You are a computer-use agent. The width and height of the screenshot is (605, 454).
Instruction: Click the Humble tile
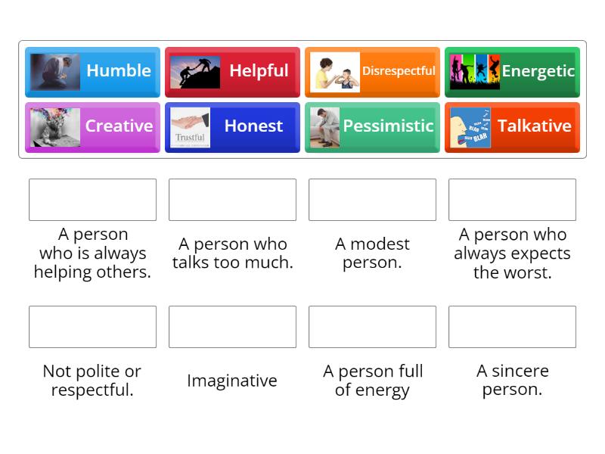[92, 71]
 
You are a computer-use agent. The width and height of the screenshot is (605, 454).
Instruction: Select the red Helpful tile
[232, 71]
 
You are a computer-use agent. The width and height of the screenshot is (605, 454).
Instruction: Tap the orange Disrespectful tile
[372, 71]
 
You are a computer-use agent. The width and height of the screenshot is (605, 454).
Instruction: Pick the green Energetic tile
[512, 71]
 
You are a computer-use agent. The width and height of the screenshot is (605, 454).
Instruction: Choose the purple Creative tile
[92, 126]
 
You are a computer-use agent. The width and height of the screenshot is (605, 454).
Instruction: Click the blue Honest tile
[232, 126]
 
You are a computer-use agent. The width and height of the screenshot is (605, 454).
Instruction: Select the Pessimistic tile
[372, 126]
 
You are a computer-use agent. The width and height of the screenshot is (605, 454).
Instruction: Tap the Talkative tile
[512, 126]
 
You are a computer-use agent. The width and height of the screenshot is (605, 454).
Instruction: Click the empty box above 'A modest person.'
[372, 200]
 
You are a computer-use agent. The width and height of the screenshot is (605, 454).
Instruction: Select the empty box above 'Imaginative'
[232, 327]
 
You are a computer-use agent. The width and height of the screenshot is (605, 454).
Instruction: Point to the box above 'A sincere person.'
[512, 327]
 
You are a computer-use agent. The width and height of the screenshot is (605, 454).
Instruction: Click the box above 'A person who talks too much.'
[232, 200]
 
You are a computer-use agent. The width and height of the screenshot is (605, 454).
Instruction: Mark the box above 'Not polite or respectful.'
[92, 327]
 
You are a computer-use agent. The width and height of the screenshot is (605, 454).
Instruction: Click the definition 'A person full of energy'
[372, 381]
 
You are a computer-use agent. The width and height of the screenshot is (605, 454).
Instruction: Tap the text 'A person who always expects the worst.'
[512, 253]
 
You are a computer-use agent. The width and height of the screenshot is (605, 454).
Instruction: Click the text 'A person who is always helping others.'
[92, 253]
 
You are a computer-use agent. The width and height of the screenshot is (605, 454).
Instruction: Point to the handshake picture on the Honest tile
[190, 126]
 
